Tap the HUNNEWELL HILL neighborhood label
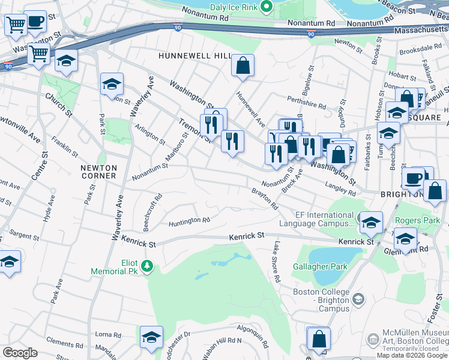click(194, 56)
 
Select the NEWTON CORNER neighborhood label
click(99, 171)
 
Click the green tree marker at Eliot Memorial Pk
click(145, 265)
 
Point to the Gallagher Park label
click(320, 266)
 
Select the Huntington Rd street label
click(189, 221)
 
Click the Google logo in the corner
click(20, 352)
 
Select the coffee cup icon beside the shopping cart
click(35, 22)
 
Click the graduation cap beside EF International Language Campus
click(371, 223)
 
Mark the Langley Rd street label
click(340, 190)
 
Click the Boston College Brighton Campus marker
click(358, 298)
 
